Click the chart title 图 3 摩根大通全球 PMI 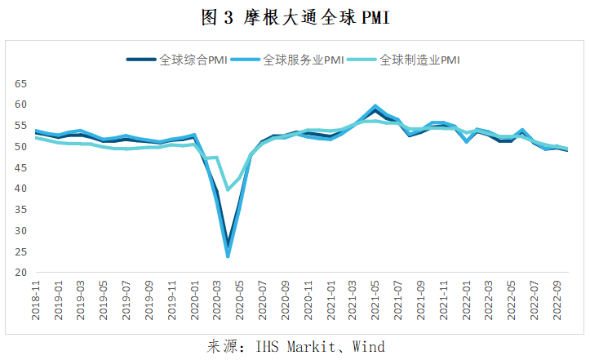pos(295,17)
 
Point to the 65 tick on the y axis pos(21,84)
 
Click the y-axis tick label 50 pos(21,147)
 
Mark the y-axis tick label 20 pos(21,273)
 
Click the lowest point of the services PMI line pos(228,256)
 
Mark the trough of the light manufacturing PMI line pos(228,189)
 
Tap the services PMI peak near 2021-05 pos(375,106)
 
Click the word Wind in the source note pos(368,346)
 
